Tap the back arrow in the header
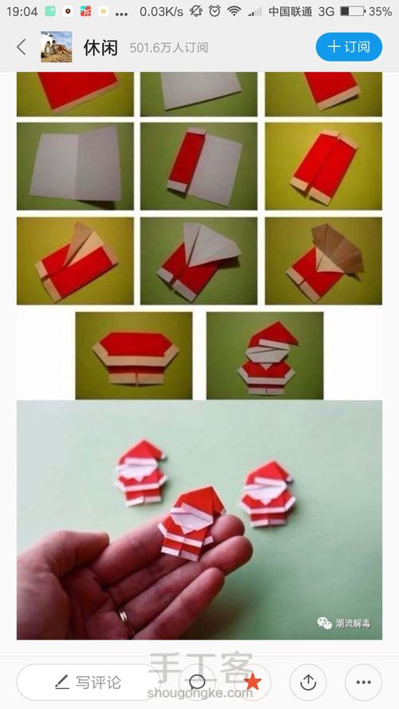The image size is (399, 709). pos(22,47)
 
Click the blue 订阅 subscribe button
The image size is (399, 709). pos(349,46)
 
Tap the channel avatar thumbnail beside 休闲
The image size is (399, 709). pos(57,46)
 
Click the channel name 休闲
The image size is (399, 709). pos(101,48)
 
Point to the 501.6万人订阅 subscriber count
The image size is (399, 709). pos(168,48)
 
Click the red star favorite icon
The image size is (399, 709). pos(252,682)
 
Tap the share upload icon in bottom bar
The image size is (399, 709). pos(308,682)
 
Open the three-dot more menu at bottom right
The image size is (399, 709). pos(363,682)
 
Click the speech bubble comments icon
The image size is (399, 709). pos(197,682)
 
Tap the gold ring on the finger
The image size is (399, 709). pos(126,623)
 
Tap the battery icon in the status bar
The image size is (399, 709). pos(353,11)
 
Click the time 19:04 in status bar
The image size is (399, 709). pos(22,11)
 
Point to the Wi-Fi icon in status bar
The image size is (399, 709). pos(234,11)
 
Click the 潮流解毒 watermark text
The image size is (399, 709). pos(353,624)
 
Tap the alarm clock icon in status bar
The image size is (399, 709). pos(215,11)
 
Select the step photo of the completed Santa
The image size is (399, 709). pos(265,356)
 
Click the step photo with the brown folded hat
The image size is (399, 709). pos(323,261)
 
